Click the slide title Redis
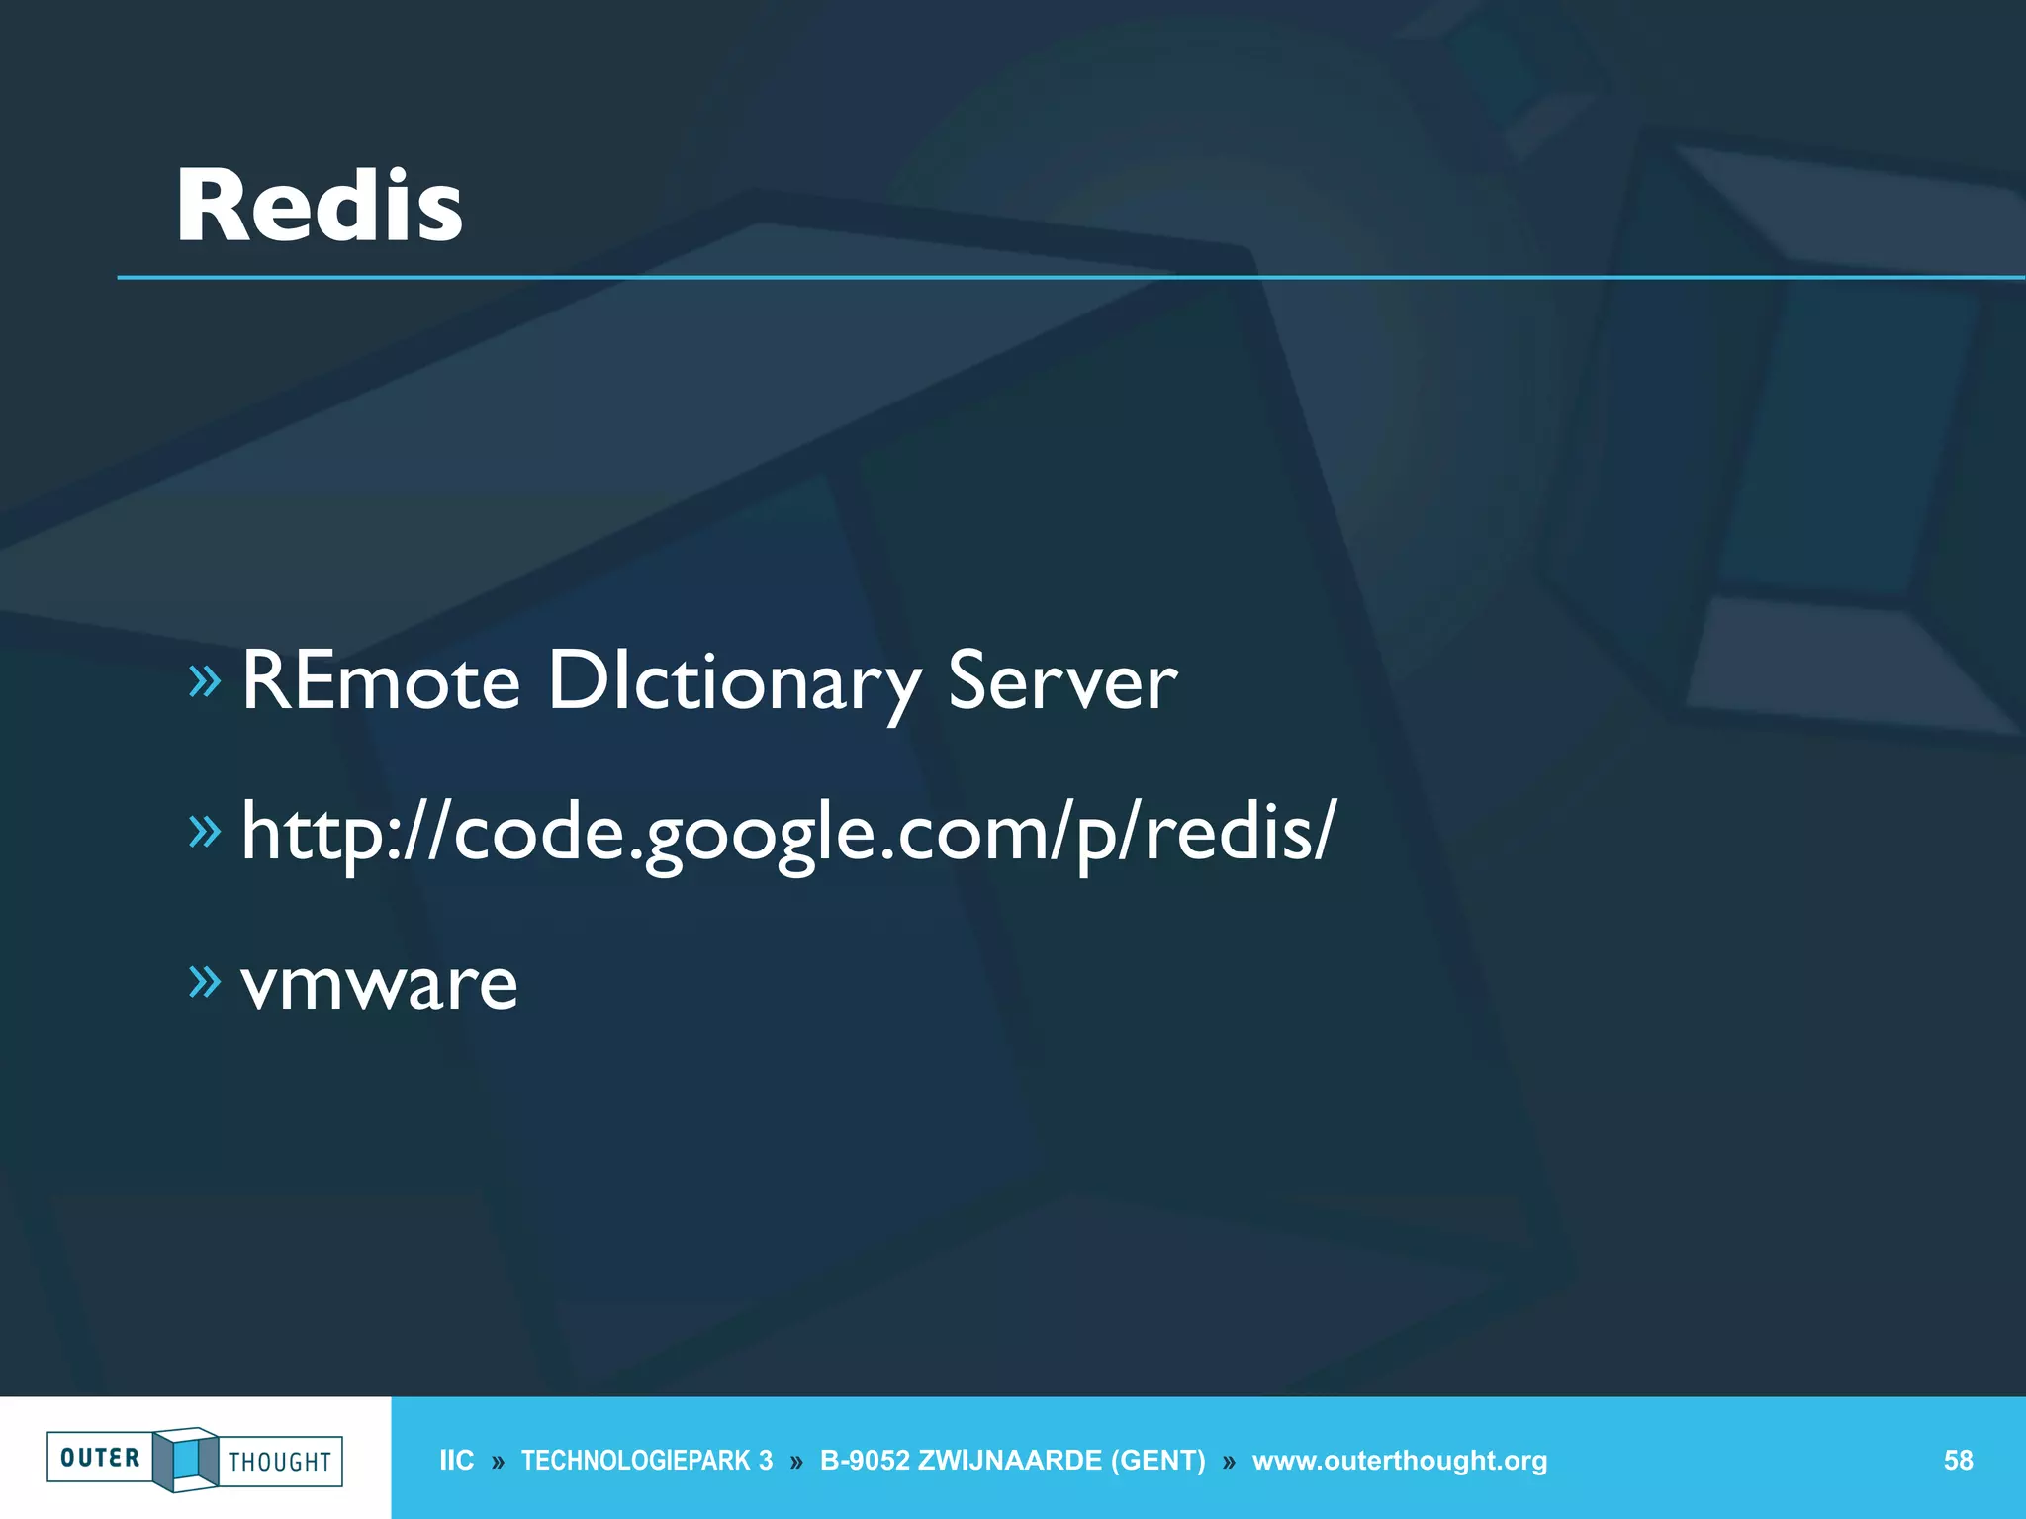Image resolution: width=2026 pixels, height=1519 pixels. tap(320, 206)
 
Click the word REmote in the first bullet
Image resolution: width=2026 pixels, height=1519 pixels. tap(381, 680)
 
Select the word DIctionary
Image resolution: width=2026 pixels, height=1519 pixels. tap(734, 682)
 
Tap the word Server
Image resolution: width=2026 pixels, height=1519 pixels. tap(1062, 680)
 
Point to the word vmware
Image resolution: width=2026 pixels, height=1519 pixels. tap(379, 984)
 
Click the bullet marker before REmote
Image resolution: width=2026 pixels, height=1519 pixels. tap(205, 680)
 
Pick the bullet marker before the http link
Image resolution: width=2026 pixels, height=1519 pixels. tap(205, 831)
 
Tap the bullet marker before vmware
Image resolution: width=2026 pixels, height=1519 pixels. tap(205, 981)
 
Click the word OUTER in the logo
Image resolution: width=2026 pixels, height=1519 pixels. tap(100, 1458)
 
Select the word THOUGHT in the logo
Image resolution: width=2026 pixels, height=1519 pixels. tap(280, 1462)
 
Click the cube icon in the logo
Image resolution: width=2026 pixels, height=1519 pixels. tap(186, 1459)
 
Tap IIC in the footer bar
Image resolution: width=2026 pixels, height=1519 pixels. tap(456, 1461)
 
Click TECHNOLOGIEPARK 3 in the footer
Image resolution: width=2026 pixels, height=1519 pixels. tap(647, 1461)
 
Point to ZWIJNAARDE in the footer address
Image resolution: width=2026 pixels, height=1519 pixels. tap(1009, 1461)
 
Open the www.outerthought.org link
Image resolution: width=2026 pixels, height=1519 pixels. tap(1399, 1461)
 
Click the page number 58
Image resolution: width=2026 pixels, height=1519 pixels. tap(1958, 1461)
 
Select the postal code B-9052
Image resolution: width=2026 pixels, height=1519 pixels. tap(864, 1461)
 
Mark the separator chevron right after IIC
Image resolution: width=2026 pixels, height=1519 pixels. tap(498, 1462)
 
